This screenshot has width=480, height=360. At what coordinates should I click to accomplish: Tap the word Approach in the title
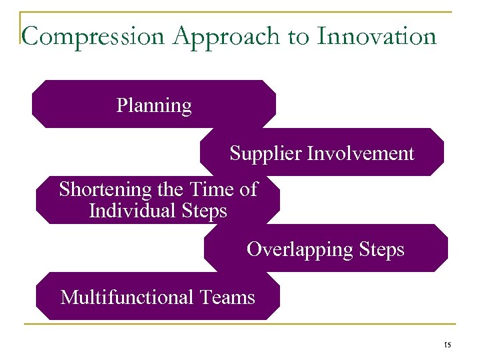[x=224, y=36]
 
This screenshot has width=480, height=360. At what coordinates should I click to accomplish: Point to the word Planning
[x=154, y=105]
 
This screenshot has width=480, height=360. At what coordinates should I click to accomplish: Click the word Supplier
[x=265, y=154]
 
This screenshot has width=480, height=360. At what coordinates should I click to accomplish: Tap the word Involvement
[x=360, y=153]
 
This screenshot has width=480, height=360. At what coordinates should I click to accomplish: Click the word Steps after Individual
[x=203, y=212]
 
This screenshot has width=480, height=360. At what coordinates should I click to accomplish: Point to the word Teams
[x=227, y=297]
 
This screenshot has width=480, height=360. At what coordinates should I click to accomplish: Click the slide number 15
[x=447, y=345]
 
